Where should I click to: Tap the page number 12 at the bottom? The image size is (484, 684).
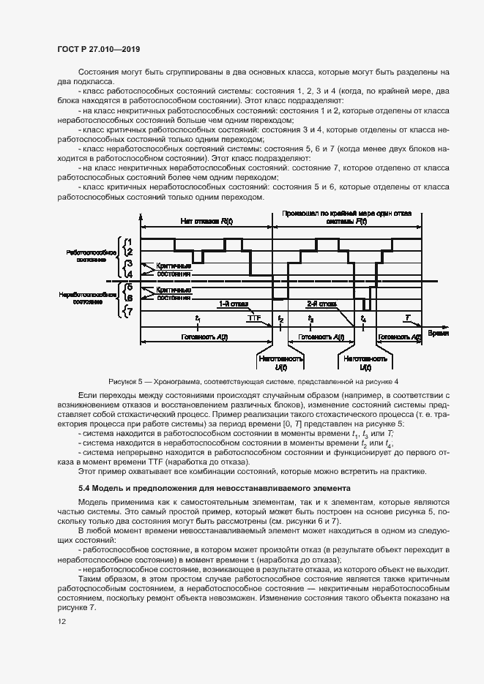point(61,623)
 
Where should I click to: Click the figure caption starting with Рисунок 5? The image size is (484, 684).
point(253,381)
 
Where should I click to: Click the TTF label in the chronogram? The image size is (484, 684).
point(255,317)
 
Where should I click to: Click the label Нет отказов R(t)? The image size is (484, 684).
point(206,221)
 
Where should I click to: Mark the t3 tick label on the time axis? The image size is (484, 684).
point(311,318)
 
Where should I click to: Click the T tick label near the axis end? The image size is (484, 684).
point(408,317)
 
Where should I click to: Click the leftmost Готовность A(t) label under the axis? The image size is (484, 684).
point(206,337)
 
